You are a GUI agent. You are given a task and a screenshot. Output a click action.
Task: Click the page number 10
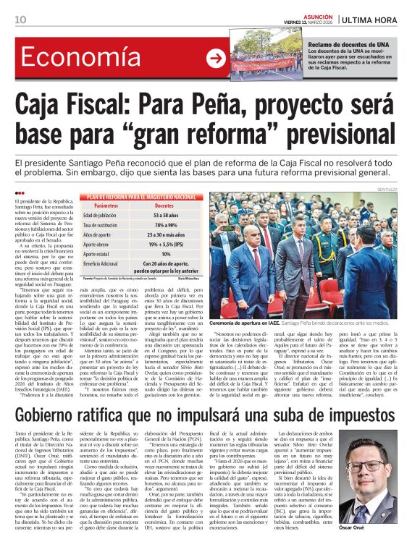20,19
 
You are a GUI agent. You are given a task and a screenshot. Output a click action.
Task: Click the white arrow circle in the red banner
215,59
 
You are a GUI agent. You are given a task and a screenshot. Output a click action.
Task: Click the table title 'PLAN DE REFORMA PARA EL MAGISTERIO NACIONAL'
141,196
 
